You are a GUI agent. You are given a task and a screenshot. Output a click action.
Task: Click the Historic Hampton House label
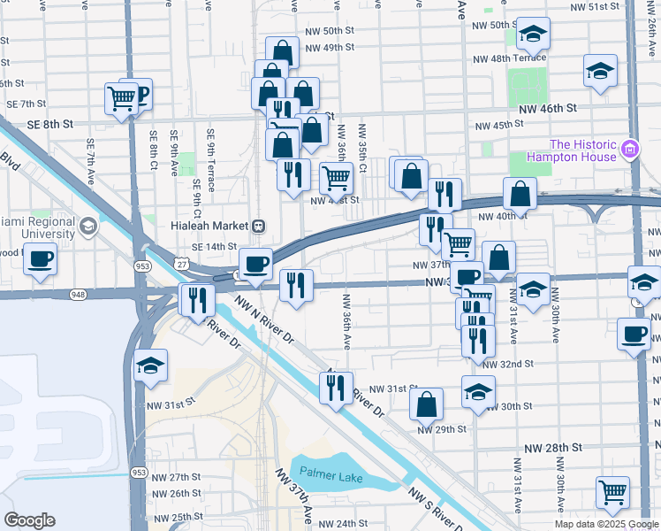pyautogui.click(x=583, y=150)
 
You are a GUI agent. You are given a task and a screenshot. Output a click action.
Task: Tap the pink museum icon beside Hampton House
pyautogui.click(x=629, y=150)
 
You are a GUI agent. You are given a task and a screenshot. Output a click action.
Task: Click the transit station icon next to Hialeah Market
pyautogui.click(x=259, y=225)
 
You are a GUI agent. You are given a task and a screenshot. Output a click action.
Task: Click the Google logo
pyautogui.click(x=29, y=520)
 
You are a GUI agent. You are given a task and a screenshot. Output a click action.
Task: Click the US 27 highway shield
pyautogui.click(x=180, y=264)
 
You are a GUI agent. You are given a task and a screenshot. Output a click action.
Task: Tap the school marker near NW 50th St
pyautogui.click(x=532, y=35)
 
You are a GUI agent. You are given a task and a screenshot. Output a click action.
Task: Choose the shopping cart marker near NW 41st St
pyautogui.click(x=336, y=178)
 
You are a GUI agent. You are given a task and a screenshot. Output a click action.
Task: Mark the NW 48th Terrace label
pyautogui.click(x=509, y=58)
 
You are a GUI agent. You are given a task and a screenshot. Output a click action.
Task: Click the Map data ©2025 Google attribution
pyautogui.click(x=606, y=524)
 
